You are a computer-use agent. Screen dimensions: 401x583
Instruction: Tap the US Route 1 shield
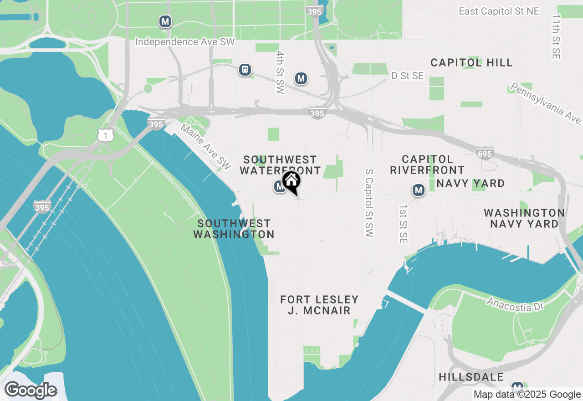105,135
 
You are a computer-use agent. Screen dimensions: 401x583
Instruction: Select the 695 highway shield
485,154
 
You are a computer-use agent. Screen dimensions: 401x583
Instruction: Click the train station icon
245,70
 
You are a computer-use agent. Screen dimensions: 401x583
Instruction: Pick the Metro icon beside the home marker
280,186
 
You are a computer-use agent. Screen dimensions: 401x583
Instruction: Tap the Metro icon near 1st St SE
418,190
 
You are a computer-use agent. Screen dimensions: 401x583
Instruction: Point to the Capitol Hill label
471,62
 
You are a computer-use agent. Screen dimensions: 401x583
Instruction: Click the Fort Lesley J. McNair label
319,305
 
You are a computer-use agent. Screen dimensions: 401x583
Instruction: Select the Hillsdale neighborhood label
471,377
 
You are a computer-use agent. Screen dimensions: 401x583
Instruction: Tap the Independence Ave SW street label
185,42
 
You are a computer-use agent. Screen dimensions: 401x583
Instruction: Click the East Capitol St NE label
499,11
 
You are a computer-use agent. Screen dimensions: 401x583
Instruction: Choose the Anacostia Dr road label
515,304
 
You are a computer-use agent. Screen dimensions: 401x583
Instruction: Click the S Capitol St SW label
369,203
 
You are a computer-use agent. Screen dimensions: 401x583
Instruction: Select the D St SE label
408,76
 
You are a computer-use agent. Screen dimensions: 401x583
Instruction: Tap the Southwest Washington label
234,229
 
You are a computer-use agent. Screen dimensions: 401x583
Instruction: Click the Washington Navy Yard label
524,218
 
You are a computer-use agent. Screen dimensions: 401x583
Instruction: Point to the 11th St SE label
556,36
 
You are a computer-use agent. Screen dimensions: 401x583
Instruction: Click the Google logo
31,391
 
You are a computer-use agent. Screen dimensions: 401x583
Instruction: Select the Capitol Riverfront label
427,165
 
